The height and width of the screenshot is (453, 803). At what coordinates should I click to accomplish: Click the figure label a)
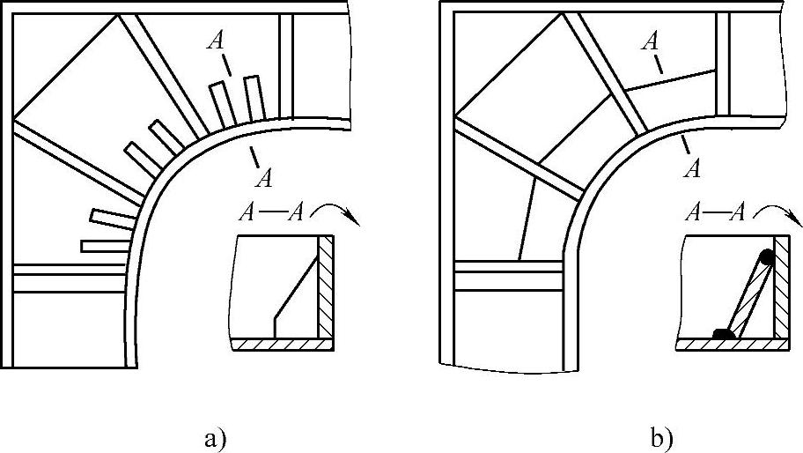coord(214,437)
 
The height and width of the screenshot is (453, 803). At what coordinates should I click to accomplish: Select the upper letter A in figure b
coord(652,40)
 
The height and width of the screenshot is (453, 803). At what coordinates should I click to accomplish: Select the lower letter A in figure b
coord(693,167)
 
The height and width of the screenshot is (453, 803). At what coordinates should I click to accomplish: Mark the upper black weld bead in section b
coord(767,257)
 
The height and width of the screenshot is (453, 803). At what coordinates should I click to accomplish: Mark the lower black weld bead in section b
coord(724,334)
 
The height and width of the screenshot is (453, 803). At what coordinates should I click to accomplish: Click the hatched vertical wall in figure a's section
coord(326,286)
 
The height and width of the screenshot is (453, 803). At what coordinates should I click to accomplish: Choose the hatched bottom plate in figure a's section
coord(282,345)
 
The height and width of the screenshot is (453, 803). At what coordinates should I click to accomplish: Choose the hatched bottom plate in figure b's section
coord(731,345)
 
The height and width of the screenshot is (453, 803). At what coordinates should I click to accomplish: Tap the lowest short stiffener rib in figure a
coord(104,245)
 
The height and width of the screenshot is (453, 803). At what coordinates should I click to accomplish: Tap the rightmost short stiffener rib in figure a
coord(254,98)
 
